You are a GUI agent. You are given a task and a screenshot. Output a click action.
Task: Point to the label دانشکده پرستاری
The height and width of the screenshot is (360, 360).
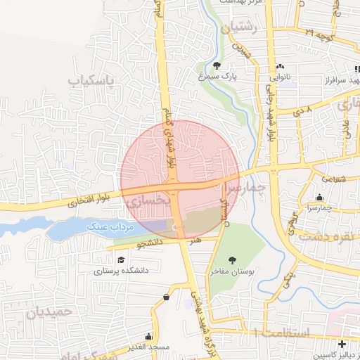point(117,270)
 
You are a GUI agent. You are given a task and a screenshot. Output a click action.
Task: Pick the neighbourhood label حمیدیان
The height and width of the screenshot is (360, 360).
point(49,311)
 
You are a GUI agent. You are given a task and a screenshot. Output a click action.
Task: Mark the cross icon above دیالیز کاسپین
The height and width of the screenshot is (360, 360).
point(342,345)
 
